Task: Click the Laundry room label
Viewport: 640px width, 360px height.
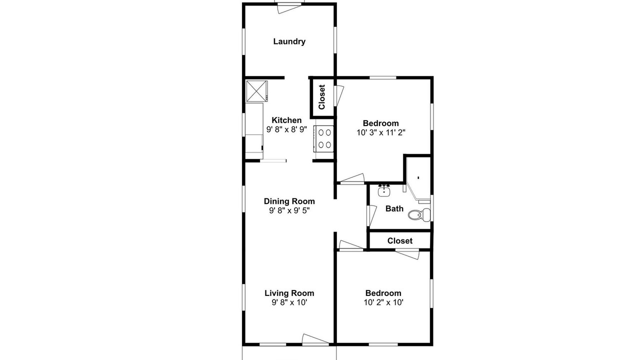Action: point(289,41)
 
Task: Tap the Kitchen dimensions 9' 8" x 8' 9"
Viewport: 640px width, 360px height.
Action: point(286,129)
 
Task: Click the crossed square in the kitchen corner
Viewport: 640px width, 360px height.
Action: point(257,90)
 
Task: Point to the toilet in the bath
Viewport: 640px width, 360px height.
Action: point(419,214)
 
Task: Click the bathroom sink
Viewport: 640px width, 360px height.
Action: point(384,190)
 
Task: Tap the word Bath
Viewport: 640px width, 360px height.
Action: point(394,208)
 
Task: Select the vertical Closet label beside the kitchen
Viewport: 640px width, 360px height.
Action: point(321,97)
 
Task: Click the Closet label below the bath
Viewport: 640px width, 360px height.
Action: point(399,241)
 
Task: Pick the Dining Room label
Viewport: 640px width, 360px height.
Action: point(289,201)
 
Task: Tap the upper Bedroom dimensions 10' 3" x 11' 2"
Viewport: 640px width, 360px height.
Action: point(381,132)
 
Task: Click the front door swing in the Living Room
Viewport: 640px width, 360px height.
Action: point(315,338)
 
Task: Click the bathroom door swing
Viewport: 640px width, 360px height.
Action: point(371,215)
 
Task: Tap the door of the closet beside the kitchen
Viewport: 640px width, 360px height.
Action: point(339,95)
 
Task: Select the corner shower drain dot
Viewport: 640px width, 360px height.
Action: point(418,177)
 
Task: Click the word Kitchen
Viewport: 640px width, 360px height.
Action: point(286,120)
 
